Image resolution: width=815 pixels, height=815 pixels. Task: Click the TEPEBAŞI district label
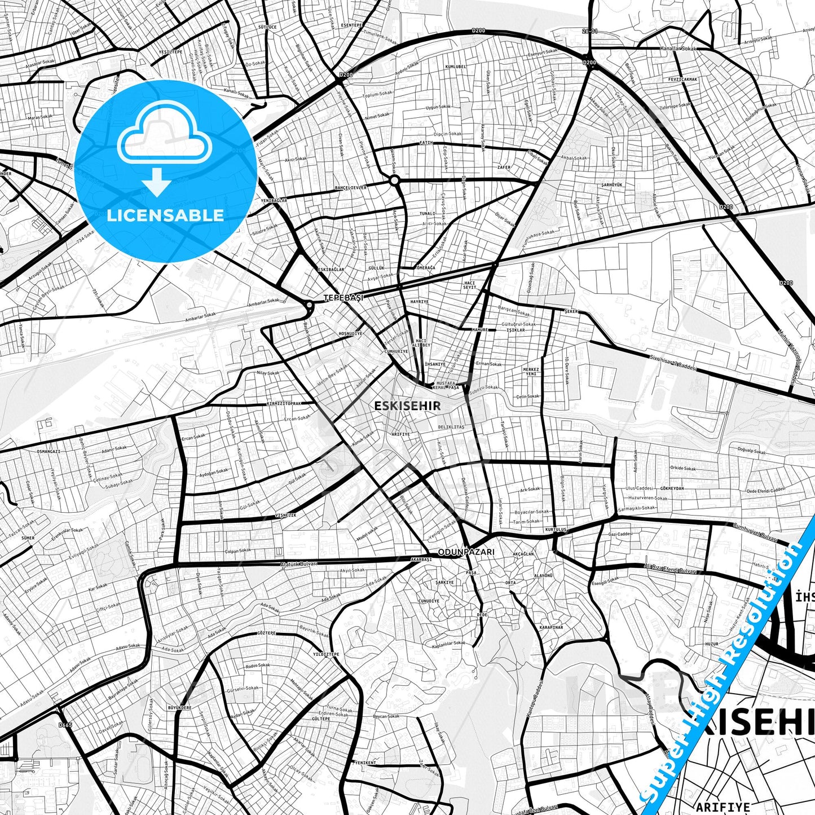(343, 297)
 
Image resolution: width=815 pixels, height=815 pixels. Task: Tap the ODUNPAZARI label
(466, 552)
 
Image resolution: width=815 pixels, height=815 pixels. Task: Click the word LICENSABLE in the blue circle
(165, 215)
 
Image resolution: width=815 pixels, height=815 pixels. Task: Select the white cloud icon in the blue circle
(164, 134)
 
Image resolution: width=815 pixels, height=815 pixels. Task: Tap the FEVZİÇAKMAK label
(682, 80)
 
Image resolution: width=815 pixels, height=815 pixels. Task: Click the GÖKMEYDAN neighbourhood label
(672, 488)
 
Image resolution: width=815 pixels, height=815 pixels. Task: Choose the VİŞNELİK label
(285, 515)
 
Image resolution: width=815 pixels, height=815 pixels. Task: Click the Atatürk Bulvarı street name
(299, 563)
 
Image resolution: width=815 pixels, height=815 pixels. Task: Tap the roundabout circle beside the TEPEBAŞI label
(309, 305)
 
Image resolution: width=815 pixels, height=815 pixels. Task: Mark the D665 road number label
(65, 725)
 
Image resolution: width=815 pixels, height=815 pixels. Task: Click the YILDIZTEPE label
(327, 654)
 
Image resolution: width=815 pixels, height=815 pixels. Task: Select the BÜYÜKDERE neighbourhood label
(180, 707)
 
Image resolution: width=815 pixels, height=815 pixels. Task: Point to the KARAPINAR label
(551, 627)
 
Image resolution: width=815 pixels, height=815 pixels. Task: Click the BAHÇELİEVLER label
(351, 187)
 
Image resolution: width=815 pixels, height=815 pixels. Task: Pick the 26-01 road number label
(590, 32)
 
